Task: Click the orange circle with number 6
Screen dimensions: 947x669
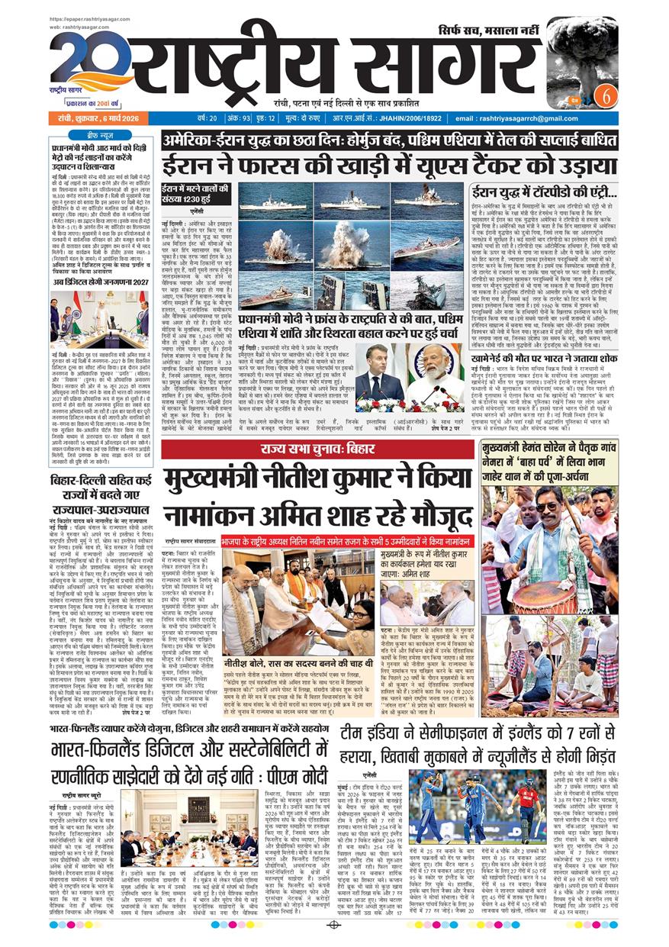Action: [607, 97]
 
